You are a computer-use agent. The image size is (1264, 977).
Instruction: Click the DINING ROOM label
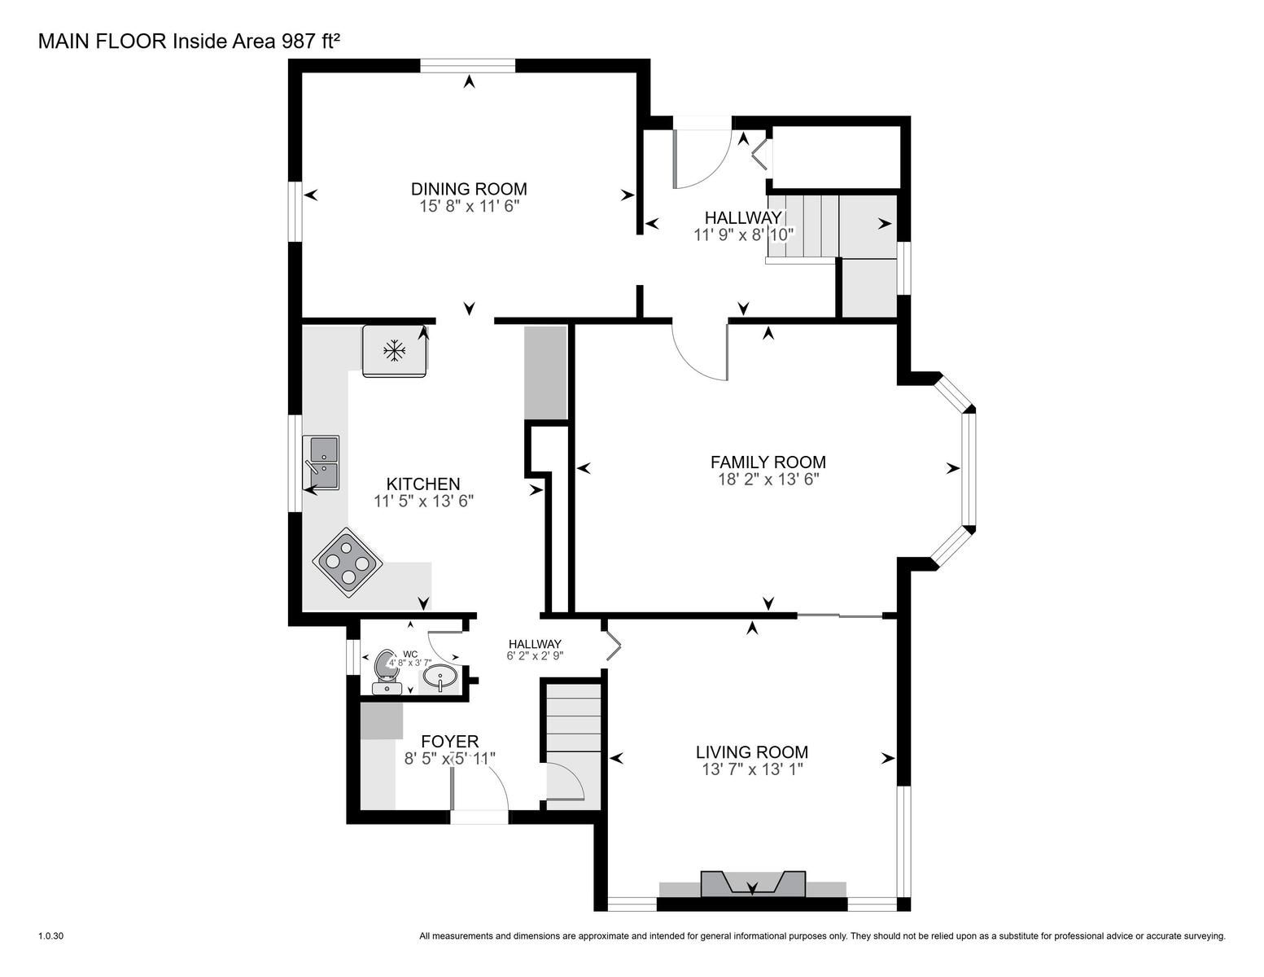pos(469,189)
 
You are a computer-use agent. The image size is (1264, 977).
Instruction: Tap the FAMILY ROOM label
pos(768,462)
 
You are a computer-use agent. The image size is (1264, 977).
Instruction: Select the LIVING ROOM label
pos(751,751)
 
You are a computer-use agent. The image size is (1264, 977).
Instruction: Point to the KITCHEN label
pos(423,484)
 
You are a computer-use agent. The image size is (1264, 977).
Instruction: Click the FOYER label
pos(449,742)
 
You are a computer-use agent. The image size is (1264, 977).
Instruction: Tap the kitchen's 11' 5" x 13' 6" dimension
pos(423,501)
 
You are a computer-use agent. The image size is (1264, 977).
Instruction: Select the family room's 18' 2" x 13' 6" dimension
pos(768,480)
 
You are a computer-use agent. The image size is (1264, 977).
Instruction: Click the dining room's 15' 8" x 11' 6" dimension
pos(469,207)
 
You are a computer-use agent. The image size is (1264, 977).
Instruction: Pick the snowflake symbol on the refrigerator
pos(395,351)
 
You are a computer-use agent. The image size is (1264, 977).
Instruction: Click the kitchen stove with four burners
pos(348,563)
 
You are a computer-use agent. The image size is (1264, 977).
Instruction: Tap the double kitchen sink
pos(321,462)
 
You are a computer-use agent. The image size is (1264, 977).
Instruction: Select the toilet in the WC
pos(385,672)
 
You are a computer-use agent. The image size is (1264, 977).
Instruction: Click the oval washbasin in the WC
pos(439,677)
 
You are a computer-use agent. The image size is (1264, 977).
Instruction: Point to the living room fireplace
pos(753,884)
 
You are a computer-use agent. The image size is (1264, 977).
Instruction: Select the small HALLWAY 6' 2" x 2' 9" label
pos(535,650)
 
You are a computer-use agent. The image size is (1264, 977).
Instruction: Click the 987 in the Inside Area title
pos(299,42)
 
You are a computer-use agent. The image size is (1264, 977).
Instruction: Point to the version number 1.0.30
pos(50,936)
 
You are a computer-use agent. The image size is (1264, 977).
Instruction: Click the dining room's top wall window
pos(468,66)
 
